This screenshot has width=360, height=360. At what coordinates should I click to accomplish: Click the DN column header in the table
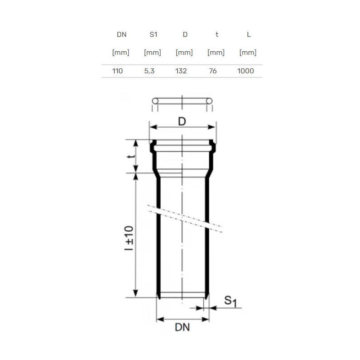pos(121,35)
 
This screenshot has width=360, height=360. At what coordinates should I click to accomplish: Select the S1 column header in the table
pos(153,35)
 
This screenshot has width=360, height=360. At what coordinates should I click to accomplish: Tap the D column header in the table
pos(185,35)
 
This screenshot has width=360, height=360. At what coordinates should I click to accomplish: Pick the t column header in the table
pos(217,35)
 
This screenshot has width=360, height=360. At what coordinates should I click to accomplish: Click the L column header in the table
pos(249,35)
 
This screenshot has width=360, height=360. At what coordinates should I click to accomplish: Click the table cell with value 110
pos(117,71)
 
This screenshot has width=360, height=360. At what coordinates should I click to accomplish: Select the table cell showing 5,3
pos(149,71)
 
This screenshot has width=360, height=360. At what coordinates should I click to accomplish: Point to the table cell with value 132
pos(181,71)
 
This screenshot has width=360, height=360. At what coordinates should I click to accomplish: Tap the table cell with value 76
pos(213,71)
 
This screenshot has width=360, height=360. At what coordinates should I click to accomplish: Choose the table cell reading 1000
pos(245,71)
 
